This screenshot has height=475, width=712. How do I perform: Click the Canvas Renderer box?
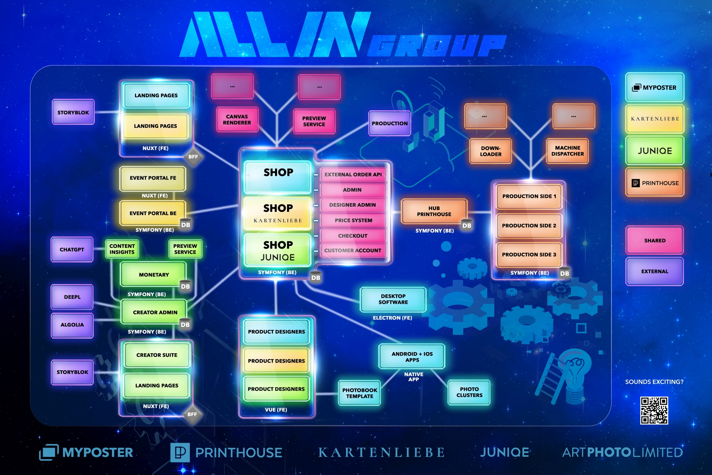[x=237, y=119]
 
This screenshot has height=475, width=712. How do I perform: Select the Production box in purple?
[x=389, y=123]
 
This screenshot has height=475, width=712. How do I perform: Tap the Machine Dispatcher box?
[x=567, y=151]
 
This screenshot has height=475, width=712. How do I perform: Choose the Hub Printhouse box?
[x=434, y=211]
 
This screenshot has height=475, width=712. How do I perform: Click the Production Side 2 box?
[x=529, y=226]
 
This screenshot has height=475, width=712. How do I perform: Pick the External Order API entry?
[x=353, y=174]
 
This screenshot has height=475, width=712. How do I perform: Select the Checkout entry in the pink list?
[x=353, y=236]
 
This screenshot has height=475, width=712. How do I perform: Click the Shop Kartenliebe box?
[x=278, y=213]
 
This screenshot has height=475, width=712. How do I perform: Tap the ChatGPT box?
[x=72, y=249]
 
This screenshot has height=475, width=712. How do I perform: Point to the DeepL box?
[x=72, y=297]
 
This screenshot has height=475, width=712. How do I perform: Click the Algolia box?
[x=72, y=325]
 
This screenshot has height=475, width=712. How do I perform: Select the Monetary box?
[x=154, y=275]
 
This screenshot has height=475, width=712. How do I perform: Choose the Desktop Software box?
[x=393, y=299]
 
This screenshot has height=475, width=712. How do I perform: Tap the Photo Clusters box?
[x=469, y=392]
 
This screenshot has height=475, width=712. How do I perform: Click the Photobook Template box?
[x=359, y=393]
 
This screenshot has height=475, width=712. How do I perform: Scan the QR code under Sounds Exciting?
[x=654, y=410]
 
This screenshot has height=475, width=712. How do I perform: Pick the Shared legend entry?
[x=655, y=240]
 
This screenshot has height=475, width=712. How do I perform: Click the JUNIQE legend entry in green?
[x=655, y=151]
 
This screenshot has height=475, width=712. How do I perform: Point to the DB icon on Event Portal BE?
[x=185, y=225]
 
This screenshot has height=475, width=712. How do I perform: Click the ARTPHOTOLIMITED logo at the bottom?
[x=622, y=452]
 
